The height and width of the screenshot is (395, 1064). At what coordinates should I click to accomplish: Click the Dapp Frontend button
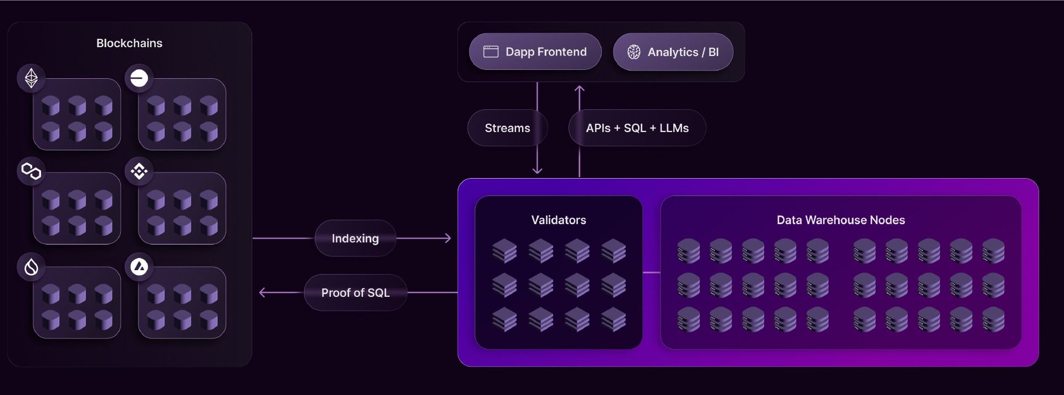pyautogui.click(x=535, y=52)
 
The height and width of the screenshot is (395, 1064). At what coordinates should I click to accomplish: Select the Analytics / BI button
pyautogui.click(x=673, y=52)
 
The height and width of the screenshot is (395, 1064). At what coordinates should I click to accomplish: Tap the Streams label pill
pyautogui.click(x=508, y=128)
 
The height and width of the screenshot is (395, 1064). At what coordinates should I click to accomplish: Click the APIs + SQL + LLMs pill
pyautogui.click(x=637, y=128)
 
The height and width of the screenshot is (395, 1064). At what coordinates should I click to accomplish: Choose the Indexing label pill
pyautogui.click(x=355, y=239)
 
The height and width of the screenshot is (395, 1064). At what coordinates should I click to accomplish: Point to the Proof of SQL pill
pyautogui.click(x=356, y=293)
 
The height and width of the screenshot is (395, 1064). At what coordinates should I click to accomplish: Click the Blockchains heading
pyautogui.click(x=129, y=43)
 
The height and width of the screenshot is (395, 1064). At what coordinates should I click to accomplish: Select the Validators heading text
pyautogui.click(x=559, y=220)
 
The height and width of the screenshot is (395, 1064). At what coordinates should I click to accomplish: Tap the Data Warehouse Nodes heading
pyautogui.click(x=841, y=220)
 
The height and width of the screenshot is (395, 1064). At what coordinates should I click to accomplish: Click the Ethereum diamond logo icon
pyautogui.click(x=32, y=78)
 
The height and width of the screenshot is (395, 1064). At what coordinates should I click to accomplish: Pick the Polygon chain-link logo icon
pyautogui.click(x=32, y=171)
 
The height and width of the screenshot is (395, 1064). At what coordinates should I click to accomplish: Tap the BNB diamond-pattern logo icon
pyautogui.click(x=139, y=171)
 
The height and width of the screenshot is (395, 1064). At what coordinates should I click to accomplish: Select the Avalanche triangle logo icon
pyautogui.click(x=139, y=267)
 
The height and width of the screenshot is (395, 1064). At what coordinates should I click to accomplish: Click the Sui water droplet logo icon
pyautogui.click(x=32, y=267)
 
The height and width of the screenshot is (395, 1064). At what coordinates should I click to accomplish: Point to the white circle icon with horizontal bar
pyautogui.click(x=139, y=78)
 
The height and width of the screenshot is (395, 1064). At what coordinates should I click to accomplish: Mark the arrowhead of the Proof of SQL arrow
pyautogui.click(x=263, y=292)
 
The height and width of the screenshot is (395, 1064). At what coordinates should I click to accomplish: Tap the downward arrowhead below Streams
pyautogui.click(x=537, y=170)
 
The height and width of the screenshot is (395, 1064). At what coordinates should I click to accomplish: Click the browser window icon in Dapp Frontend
pyautogui.click(x=491, y=52)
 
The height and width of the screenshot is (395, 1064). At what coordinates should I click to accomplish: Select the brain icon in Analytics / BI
pyautogui.click(x=634, y=52)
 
